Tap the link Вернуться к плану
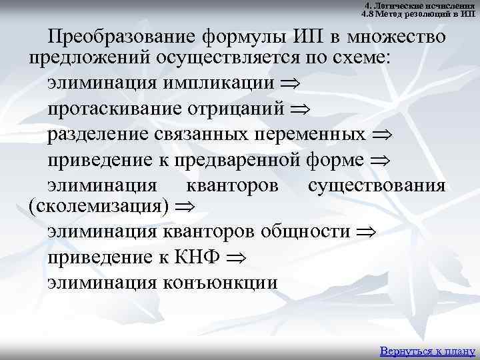(427, 351)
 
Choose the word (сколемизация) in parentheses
(95, 204)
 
